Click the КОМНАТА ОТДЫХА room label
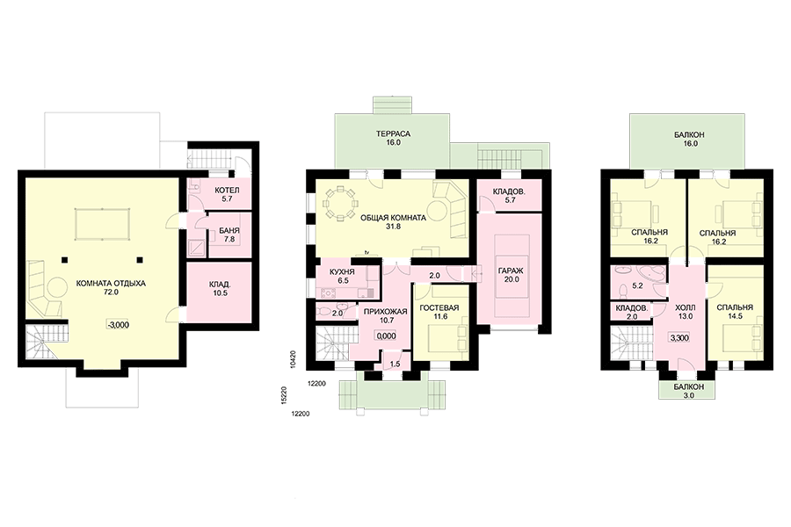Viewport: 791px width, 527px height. point(111,287)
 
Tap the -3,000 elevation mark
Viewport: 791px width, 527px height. point(118,325)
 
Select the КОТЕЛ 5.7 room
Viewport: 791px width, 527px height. point(219,193)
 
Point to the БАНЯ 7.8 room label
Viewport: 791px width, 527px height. point(229,235)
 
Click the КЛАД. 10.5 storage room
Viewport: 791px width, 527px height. point(219,292)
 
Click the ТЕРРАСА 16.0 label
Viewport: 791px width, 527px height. point(393,138)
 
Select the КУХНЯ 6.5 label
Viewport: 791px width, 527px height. point(342,276)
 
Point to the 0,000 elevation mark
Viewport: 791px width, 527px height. point(386,336)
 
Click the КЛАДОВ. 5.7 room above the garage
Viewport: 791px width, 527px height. point(510,195)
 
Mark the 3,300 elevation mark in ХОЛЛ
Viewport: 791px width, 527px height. point(679,338)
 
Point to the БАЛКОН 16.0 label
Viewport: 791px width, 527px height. point(689,139)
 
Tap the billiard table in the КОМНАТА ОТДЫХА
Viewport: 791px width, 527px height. point(103,225)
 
